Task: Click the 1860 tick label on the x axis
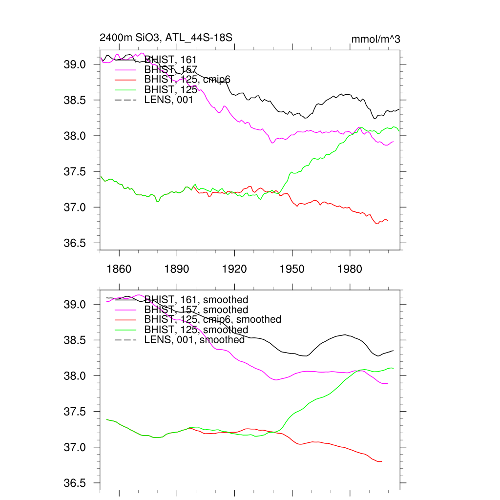[x=119, y=269]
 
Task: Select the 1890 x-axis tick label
[x=177, y=269]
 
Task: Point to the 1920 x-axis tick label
[x=234, y=269]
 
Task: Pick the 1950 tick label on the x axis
[x=292, y=269]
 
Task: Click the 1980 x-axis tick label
[x=350, y=269]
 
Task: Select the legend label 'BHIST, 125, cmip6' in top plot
[x=187, y=80]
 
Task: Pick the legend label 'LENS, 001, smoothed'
[x=194, y=339]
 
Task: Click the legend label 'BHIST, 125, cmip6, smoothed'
[x=213, y=319]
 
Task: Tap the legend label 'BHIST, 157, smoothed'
[x=196, y=310]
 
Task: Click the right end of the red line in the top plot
[x=387, y=221]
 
